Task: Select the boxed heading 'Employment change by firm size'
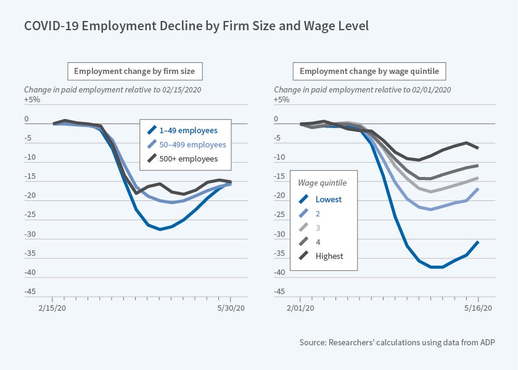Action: pos(134,72)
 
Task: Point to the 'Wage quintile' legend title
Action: pos(323,183)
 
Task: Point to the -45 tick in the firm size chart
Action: pos(30,292)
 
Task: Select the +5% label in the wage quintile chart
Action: pos(282,99)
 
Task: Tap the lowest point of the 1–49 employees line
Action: pos(160,229)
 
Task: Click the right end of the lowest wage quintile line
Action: pos(479,242)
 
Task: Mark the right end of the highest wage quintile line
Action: pos(479,147)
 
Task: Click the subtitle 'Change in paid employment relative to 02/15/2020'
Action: pos(113,89)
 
